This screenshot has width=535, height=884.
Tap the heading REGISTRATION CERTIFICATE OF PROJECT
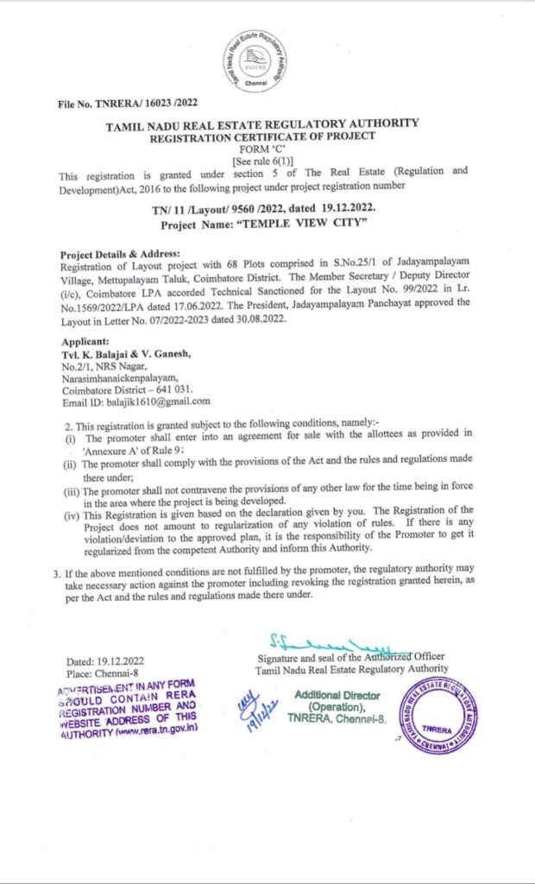click(262, 137)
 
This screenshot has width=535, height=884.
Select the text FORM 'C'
click(262, 148)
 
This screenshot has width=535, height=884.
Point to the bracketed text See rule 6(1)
click(262, 160)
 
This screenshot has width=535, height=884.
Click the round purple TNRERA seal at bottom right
click(438, 716)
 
